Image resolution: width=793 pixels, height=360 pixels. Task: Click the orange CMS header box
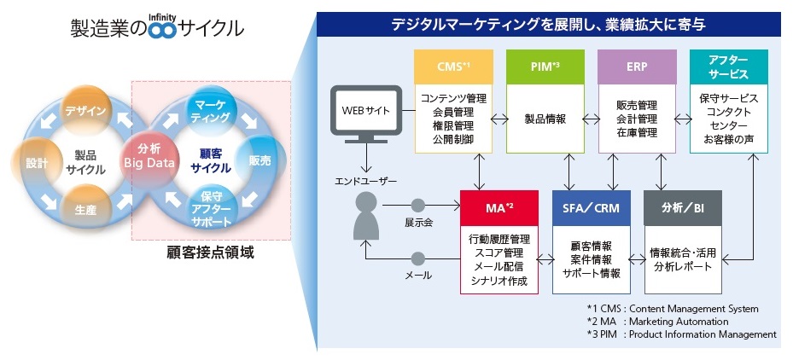pyautogui.click(x=452, y=66)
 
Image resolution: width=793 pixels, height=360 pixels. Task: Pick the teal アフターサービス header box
pyautogui.click(x=728, y=66)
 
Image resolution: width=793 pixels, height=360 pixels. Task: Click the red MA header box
pyautogui.click(x=499, y=206)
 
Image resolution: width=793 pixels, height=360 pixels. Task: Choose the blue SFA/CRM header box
pyautogui.click(x=591, y=206)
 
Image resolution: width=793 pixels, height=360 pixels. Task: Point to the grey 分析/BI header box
pyautogui.click(x=682, y=206)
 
